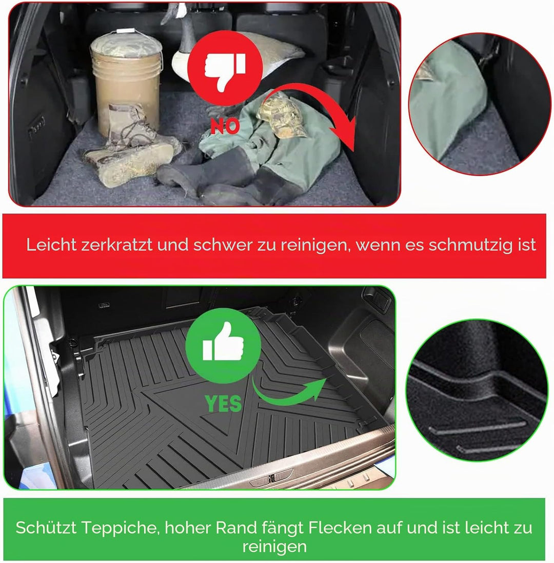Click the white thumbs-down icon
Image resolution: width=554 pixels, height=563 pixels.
coord(225,70)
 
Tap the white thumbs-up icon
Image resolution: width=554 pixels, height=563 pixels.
coord(223,342)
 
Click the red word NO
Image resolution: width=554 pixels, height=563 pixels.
coord(225,126)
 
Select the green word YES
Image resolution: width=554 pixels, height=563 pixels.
coord(223,404)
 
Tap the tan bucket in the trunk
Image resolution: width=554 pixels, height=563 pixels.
coord(126,83)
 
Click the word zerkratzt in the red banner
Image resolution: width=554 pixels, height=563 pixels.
coord(117,245)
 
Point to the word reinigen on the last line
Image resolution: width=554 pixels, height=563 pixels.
coord(274,547)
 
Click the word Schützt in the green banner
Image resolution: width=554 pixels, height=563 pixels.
coord(46,528)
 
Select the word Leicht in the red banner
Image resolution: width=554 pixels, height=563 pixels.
coord(51,245)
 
